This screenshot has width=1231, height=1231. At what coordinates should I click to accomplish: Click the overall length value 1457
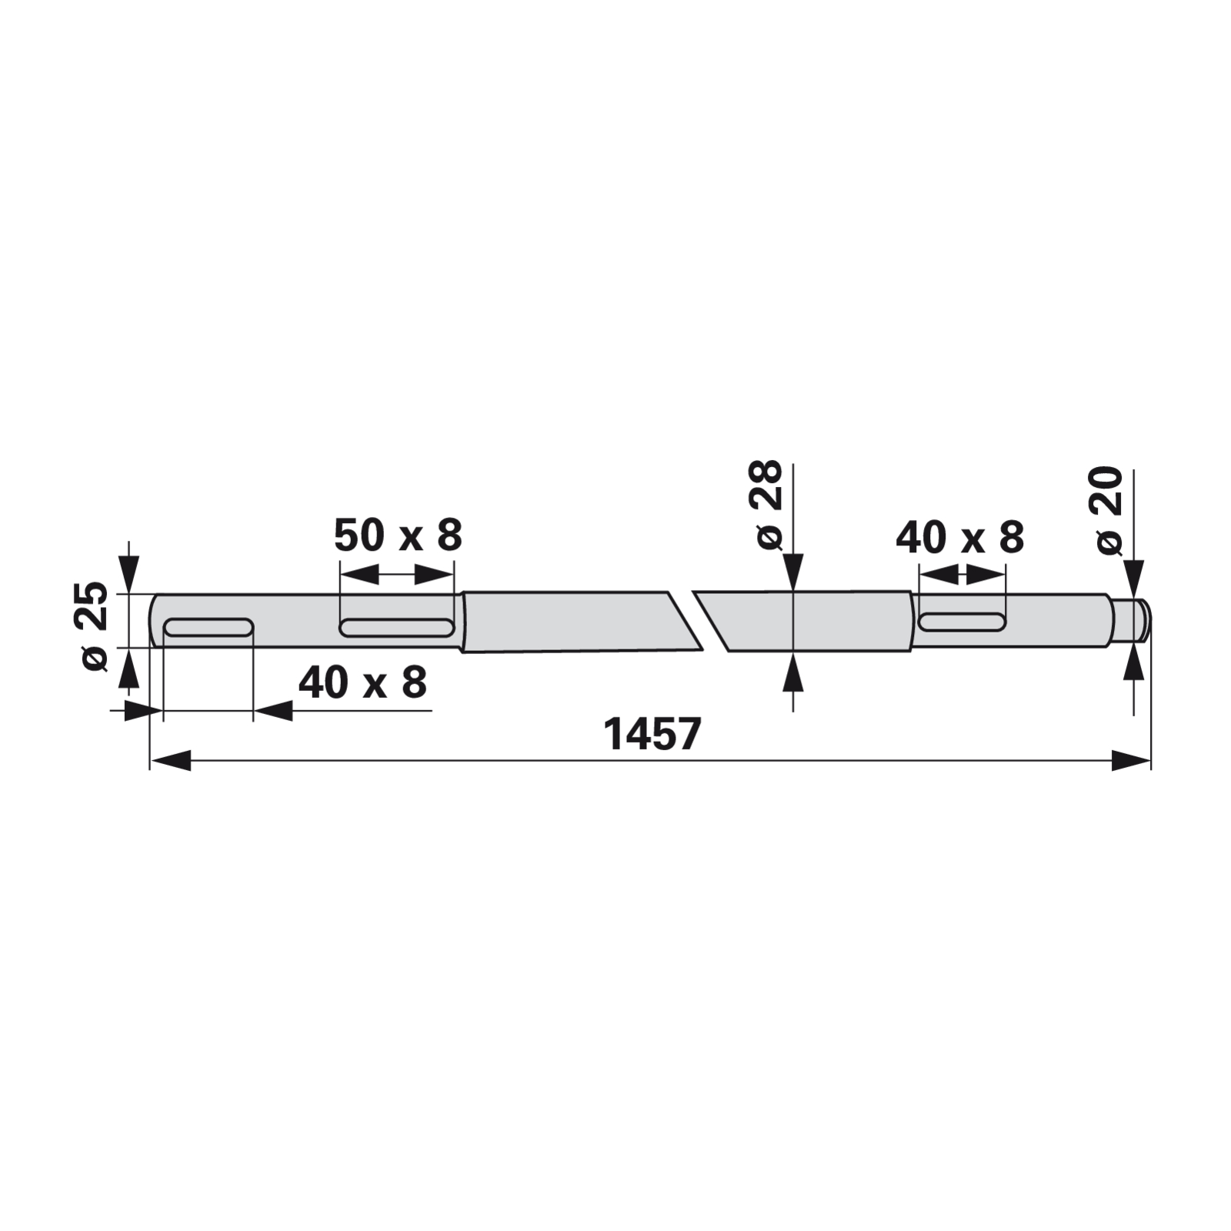click(x=652, y=734)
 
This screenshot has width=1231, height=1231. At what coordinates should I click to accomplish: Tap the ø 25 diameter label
click(x=95, y=627)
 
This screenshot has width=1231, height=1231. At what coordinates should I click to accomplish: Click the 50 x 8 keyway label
click(x=398, y=535)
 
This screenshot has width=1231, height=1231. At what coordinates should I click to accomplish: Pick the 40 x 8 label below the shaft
click(x=362, y=682)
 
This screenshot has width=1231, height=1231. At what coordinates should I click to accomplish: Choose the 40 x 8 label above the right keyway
click(x=960, y=537)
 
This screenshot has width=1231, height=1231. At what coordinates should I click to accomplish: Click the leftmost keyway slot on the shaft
click(x=209, y=627)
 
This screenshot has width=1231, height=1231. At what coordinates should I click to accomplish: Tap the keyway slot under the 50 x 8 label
click(x=396, y=627)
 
